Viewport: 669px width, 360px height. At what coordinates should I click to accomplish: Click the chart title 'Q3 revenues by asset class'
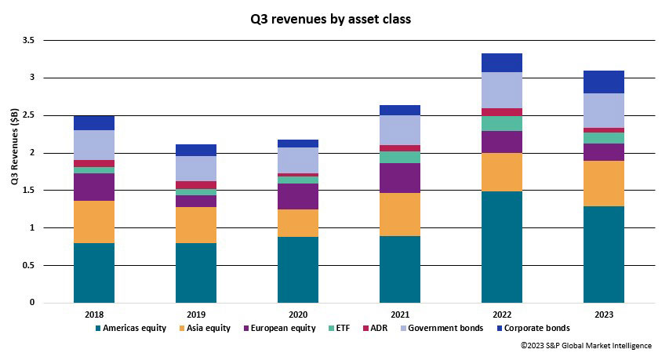(x=334, y=20)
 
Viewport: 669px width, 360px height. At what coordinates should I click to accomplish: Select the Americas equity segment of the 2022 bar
(x=502, y=246)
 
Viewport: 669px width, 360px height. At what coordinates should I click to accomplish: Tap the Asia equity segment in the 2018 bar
(x=94, y=222)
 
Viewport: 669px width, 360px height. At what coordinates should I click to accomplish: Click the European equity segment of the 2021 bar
(x=400, y=178)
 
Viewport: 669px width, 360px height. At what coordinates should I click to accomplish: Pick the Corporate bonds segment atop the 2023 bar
(x=604, y=82)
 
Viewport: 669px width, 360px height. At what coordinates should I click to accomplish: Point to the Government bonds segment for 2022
(x=502, y=90)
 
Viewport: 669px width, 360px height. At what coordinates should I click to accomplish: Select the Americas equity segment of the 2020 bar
(x=298, y=269)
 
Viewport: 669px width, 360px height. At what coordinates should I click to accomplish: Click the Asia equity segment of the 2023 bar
(x=604, y=184)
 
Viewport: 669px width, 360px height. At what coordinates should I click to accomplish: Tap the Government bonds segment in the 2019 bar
(x=196, y=169)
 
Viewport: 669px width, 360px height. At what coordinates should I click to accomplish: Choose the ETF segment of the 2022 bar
(x=502, y=123)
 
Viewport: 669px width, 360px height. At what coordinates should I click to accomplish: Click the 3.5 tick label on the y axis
(x=28, y=40)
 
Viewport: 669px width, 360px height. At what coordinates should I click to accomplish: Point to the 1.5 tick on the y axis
(x=28, y=191)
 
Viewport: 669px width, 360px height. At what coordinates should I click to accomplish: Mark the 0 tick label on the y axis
(x=32, y=303)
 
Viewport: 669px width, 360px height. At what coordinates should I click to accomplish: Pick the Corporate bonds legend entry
(x=536, y=328)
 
